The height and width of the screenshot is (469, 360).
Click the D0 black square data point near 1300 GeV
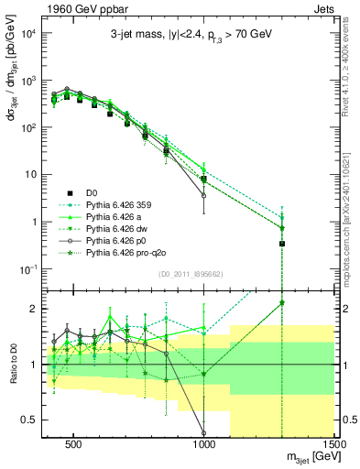(x=282, y=244)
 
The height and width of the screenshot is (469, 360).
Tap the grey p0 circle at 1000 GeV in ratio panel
(x=203, y=432)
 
